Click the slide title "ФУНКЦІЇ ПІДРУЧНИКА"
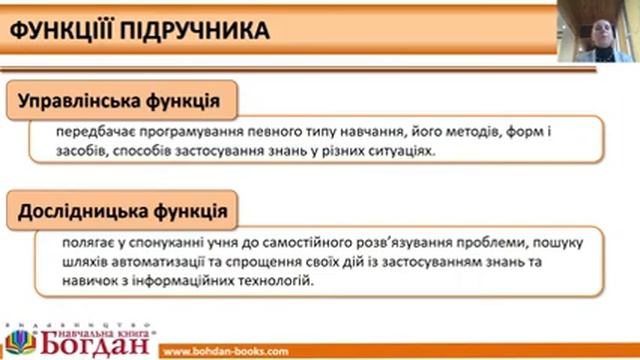[139, 31]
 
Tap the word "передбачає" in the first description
[96, 132]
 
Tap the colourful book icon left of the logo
[17, 341]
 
